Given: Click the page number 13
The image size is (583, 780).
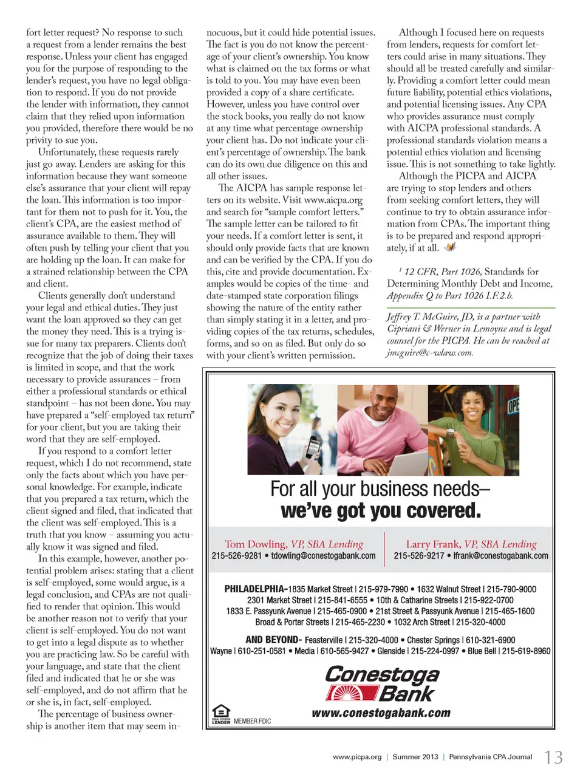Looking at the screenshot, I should click(553, 758).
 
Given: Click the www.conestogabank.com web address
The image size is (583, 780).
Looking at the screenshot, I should click(381, 713).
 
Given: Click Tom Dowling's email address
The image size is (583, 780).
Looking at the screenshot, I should click(323, 556).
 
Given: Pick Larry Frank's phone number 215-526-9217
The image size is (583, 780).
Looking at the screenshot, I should click(418, 556).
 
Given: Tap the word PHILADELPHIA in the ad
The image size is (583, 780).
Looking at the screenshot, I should click(254, 589).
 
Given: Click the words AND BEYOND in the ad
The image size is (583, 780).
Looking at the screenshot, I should click(273, 640).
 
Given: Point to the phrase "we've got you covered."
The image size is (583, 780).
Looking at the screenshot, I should click(381, 511).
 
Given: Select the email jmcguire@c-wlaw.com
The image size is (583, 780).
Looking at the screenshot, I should click(429, 353).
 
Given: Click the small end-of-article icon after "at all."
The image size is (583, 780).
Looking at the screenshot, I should click(450, 247).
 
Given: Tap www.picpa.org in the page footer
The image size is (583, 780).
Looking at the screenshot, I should click(357, 757).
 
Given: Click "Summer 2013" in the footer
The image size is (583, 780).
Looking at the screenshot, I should click(415, 757).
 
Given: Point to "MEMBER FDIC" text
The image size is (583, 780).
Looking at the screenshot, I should click(252, 721).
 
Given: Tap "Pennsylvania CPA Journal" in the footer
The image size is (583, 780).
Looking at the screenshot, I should click(490, 757).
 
